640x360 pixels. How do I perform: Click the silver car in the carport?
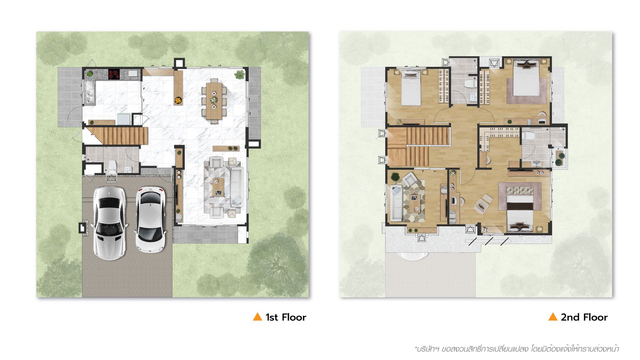[110, 223]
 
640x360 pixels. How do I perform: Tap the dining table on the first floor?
[213, 101]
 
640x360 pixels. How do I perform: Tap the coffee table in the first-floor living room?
[219, 187]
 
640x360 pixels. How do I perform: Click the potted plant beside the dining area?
[239, 74]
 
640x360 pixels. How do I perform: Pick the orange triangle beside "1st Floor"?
[257, 317]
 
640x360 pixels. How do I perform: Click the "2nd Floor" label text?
[584, 317]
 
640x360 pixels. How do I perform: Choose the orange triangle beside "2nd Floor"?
[553, 317]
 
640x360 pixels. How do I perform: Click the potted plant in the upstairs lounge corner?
[395, 176]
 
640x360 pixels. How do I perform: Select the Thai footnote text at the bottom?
[517, 349]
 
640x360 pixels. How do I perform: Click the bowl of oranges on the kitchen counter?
[178, 100]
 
